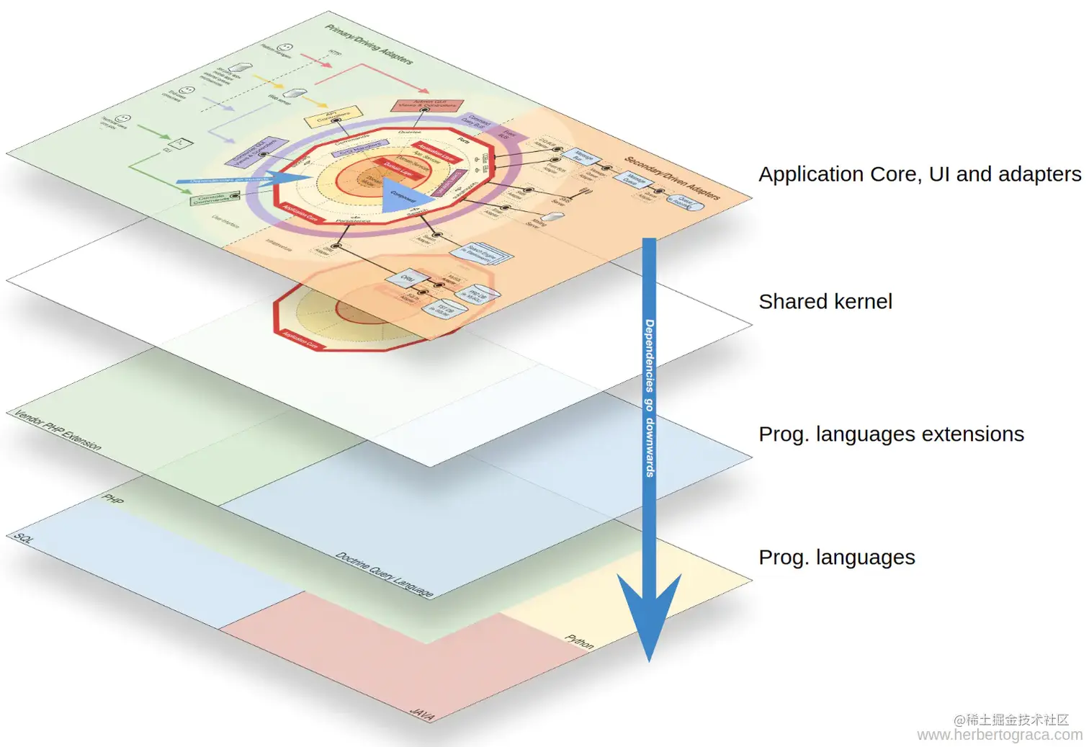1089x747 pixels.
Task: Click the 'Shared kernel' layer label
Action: (x=825, y=301)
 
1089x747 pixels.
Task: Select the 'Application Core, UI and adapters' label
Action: (x=920, y=174)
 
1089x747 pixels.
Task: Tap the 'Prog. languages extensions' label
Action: (x=891, y=434)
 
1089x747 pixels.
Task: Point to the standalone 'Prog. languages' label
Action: (x=836, y=558)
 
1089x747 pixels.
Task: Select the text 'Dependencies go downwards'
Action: (x=650, y=398)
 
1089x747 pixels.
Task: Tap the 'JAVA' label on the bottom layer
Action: (x=422, y=714)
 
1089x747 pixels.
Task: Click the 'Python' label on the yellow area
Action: (x=580, y=641)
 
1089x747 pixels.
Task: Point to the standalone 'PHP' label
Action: (x=113, y=498)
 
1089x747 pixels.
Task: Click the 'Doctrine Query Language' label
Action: (x=385, y=574)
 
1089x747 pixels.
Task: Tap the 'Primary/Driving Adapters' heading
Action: (x=369, y=44)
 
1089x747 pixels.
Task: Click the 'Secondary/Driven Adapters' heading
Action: (x=672, y=178)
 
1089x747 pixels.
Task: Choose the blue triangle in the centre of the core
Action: (x=403, y=194)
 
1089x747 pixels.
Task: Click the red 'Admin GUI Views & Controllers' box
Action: (x=428, y=105)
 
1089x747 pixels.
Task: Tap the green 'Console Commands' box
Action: (x=214, y=197)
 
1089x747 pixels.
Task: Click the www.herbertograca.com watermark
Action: (x=999, y=735)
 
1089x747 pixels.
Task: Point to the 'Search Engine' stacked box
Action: (x=482, y=252)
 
